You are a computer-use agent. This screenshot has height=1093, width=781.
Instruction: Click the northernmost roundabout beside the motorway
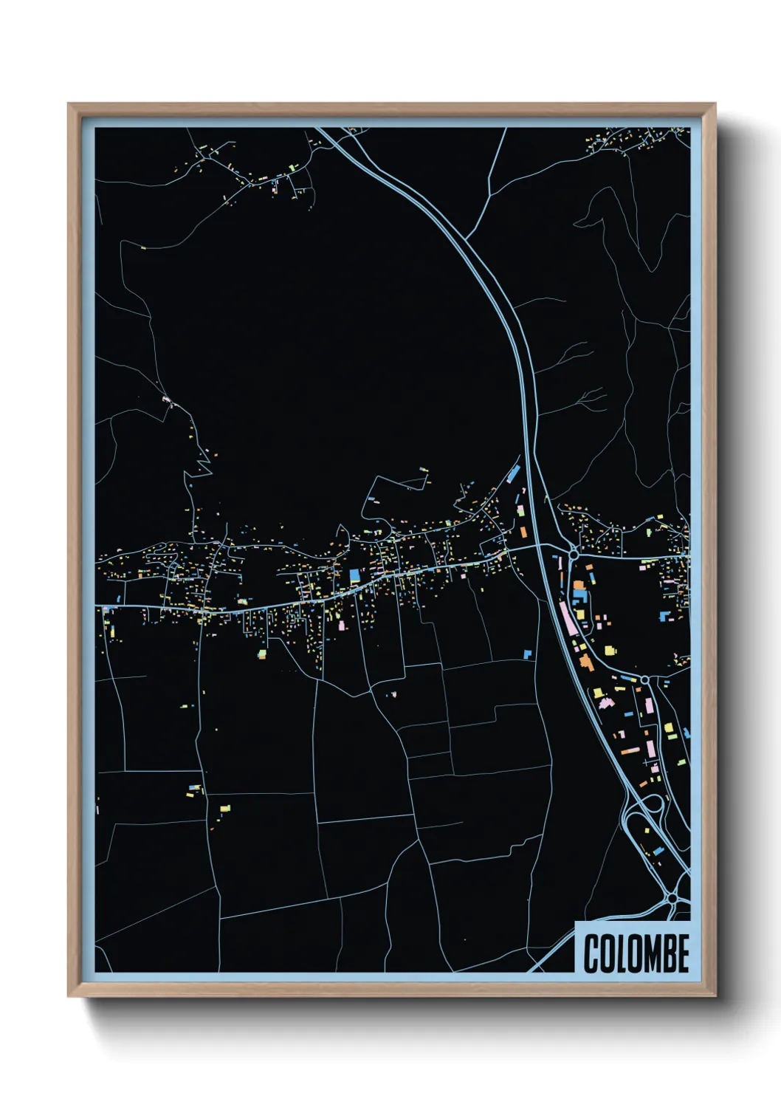[x=573, y=554]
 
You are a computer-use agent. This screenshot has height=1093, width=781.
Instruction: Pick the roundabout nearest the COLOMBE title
[x=672, y=898]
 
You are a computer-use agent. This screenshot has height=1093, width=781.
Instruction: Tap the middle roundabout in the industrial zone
[x=644, y=679]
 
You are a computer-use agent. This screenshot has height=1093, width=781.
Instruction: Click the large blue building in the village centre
[x=354, y=575]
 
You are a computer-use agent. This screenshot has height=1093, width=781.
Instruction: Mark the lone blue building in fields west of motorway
[x=527, y=654]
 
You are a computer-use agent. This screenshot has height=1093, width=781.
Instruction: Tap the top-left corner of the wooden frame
[x=69, y=105]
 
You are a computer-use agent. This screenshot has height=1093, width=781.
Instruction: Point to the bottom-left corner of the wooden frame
[x=69, y=995]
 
